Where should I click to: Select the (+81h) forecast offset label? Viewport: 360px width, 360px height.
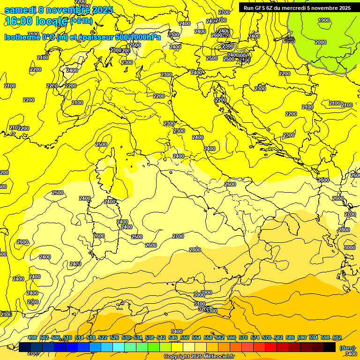click(81, 21)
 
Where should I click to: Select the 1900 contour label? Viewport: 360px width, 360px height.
click(324, 20)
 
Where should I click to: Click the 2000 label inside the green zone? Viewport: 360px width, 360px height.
click(321, 42)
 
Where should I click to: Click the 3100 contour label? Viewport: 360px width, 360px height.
click(200, 304)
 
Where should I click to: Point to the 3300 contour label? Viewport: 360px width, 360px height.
click(211, 311)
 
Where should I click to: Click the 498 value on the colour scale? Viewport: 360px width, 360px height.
click(32, 338)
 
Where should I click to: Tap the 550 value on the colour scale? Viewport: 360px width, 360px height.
click(184, 338)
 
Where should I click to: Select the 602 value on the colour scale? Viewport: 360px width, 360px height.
click(337, 338)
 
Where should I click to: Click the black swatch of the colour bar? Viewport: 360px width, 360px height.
click(330, 347)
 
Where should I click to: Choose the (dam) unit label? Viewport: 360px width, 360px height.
click(347, 347)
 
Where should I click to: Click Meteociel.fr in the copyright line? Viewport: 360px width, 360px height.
click(222, 357)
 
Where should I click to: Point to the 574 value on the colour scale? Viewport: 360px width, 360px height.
click(255, 338)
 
